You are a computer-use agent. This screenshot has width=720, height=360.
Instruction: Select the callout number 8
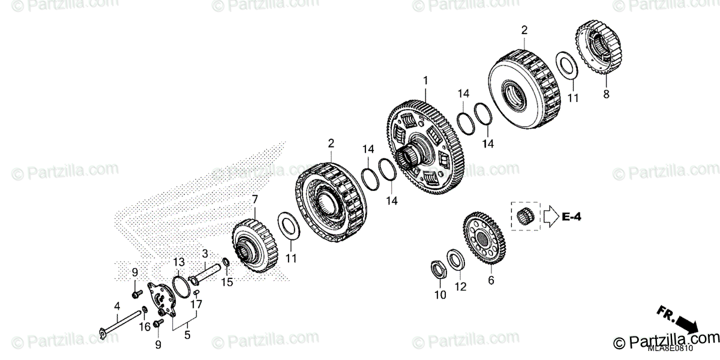click(x=605, y=94)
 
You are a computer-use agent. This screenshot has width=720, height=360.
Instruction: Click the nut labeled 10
click(x=440, y=269)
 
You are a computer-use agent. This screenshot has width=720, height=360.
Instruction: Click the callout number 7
click(x=254, y=199)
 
